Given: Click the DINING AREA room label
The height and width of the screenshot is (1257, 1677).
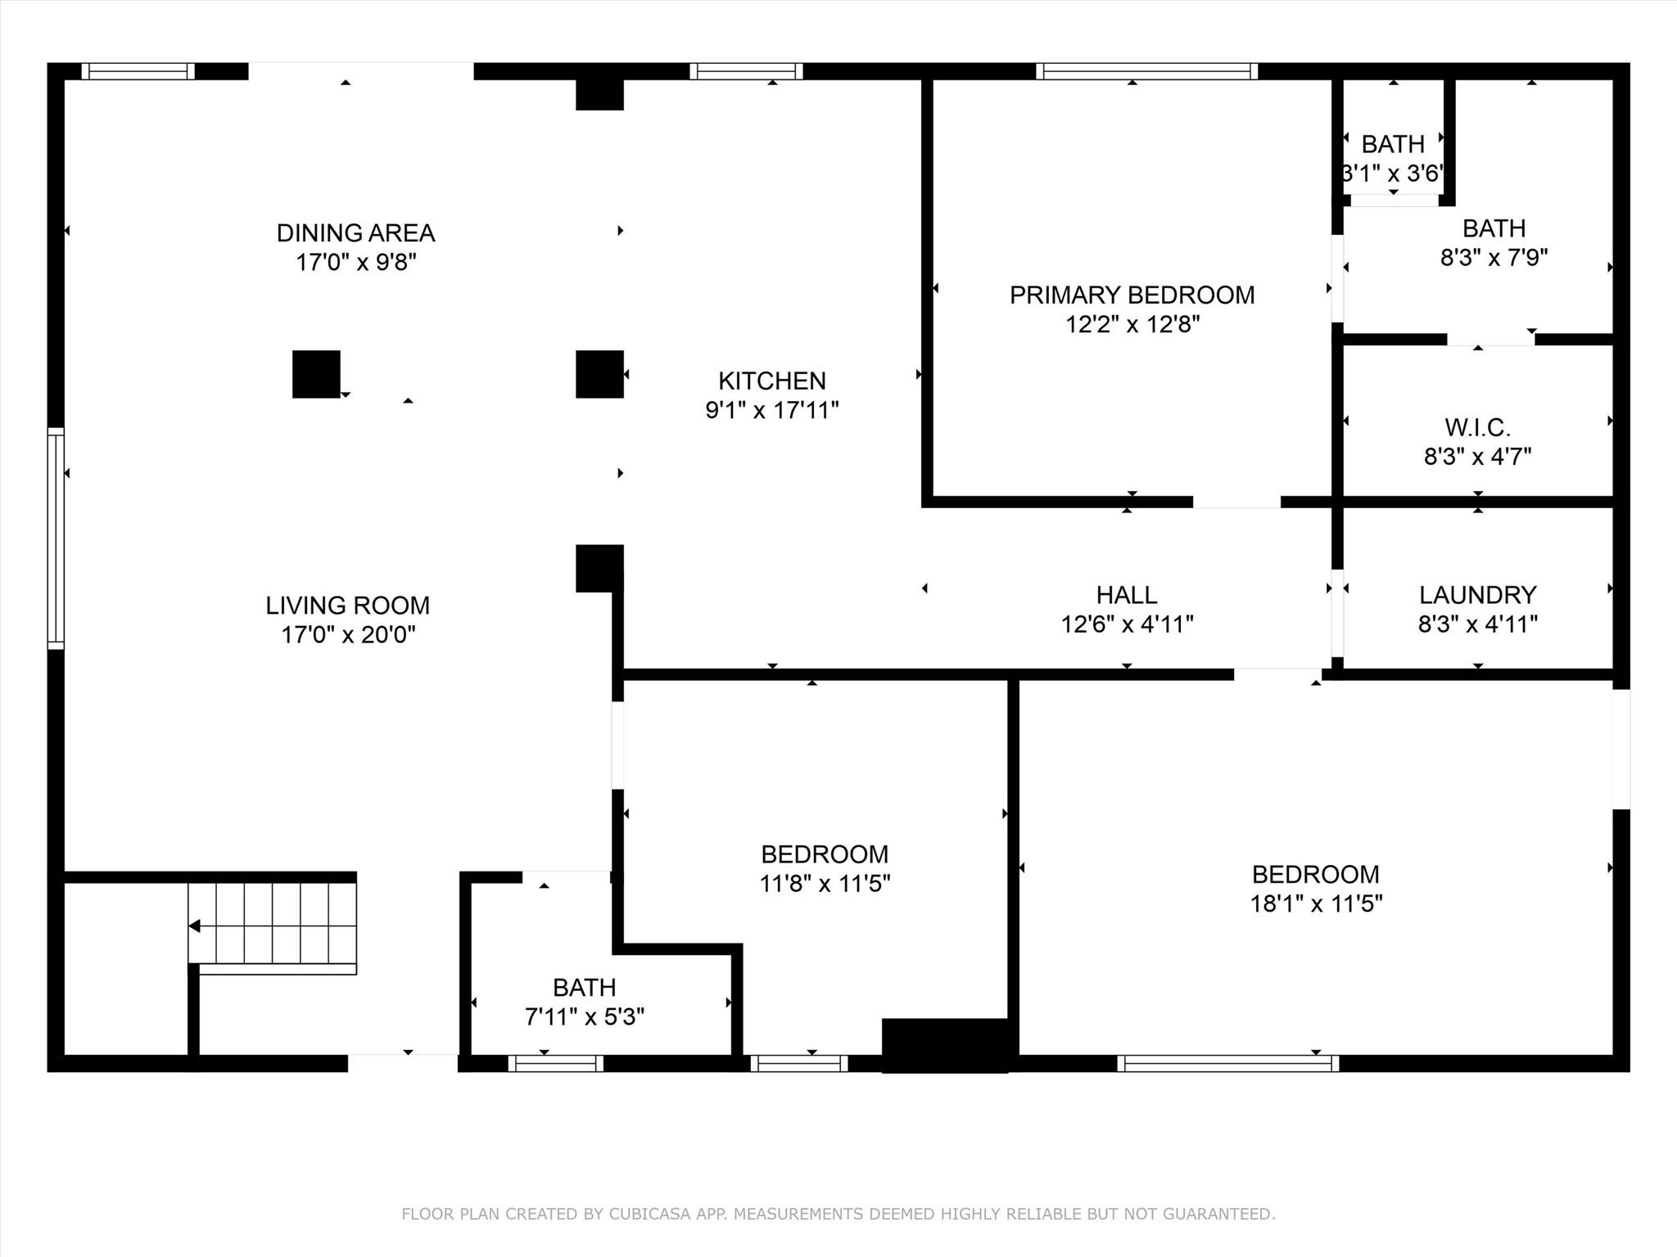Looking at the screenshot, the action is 355,233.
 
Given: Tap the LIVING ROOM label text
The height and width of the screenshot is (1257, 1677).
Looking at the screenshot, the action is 347,606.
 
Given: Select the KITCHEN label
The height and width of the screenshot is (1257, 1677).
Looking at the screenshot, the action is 772,381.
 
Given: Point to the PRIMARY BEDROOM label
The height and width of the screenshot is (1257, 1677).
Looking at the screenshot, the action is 1132,295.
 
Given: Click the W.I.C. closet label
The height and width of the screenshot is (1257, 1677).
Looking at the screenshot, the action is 1477,427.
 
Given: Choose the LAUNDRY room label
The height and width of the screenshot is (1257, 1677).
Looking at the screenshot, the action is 1477,595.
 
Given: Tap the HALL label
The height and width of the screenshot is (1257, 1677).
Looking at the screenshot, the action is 1127,595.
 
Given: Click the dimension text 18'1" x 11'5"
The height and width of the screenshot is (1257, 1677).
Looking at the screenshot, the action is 1316,903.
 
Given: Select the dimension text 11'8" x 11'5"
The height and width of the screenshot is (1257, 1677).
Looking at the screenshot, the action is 825,884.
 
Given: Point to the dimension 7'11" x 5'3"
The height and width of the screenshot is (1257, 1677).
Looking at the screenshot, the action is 585,1016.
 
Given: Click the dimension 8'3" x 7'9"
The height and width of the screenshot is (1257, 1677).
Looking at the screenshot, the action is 1494,258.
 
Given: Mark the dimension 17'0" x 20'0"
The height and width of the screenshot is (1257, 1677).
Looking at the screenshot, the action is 348,635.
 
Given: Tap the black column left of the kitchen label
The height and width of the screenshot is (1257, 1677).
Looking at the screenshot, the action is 600,374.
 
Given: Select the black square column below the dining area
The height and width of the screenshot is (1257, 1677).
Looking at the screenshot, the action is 316,374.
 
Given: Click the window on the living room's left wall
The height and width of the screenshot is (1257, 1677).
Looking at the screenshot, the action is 56,538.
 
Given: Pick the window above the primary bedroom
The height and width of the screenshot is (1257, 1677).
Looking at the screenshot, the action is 1146,71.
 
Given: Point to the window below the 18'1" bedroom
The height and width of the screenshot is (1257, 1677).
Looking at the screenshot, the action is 1228,1063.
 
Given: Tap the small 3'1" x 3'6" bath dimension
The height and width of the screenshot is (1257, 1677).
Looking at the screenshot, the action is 1393,173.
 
